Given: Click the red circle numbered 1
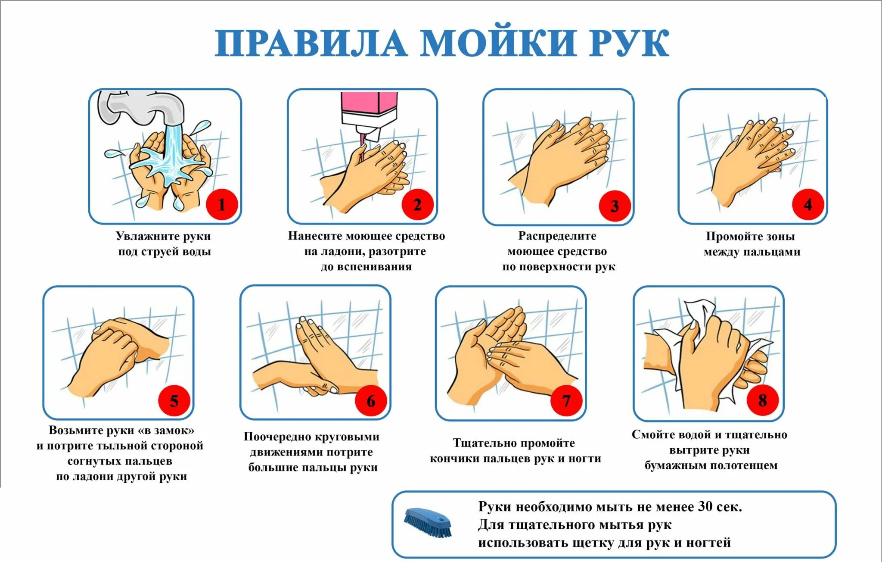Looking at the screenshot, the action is pos(222,205).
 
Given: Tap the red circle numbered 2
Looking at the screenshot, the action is pos(417,205).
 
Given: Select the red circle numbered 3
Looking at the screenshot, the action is pos(615,206).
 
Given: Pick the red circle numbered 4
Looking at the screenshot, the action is pos(808,205).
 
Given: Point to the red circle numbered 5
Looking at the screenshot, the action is pos(174,401).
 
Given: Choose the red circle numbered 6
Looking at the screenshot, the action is pos(371,401).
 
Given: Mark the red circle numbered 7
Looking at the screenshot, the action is pos(566,401).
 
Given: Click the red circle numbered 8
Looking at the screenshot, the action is pos(762,400).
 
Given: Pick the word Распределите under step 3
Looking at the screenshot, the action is pos(557,237).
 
